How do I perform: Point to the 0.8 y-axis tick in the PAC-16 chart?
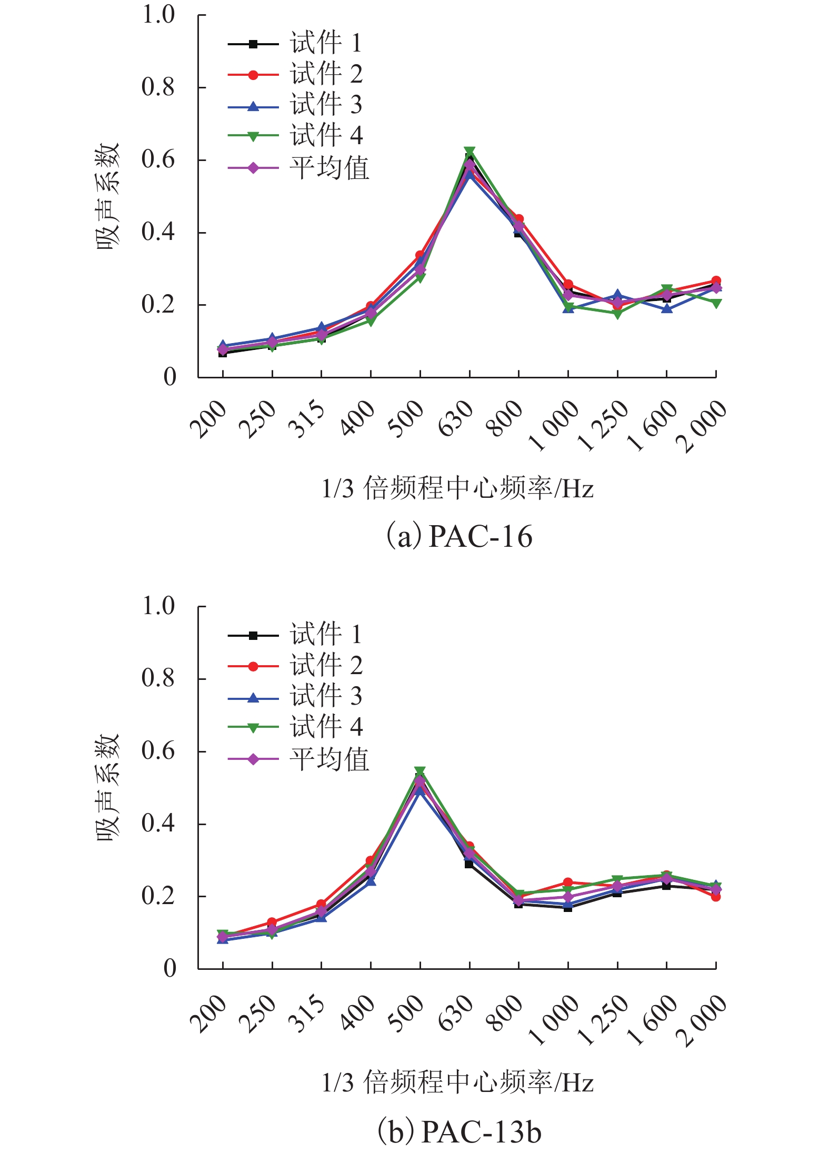(158, 87)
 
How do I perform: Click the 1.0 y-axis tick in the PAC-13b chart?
(158, 606)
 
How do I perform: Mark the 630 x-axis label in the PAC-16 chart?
(456, 418)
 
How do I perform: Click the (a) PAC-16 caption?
(460, 537)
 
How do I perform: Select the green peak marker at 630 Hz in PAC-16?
(470, 152)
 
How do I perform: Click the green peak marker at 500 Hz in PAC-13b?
(420, 771)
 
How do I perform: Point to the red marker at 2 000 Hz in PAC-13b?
(716, 896)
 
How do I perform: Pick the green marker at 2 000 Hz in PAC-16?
(716, 303)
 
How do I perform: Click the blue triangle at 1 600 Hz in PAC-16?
(667, 308)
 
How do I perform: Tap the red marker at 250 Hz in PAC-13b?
(272, 922)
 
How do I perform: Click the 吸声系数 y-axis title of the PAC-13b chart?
(108, 788)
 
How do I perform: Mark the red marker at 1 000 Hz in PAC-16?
(568, 285)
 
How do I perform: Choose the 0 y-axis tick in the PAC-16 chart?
(169, 377)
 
